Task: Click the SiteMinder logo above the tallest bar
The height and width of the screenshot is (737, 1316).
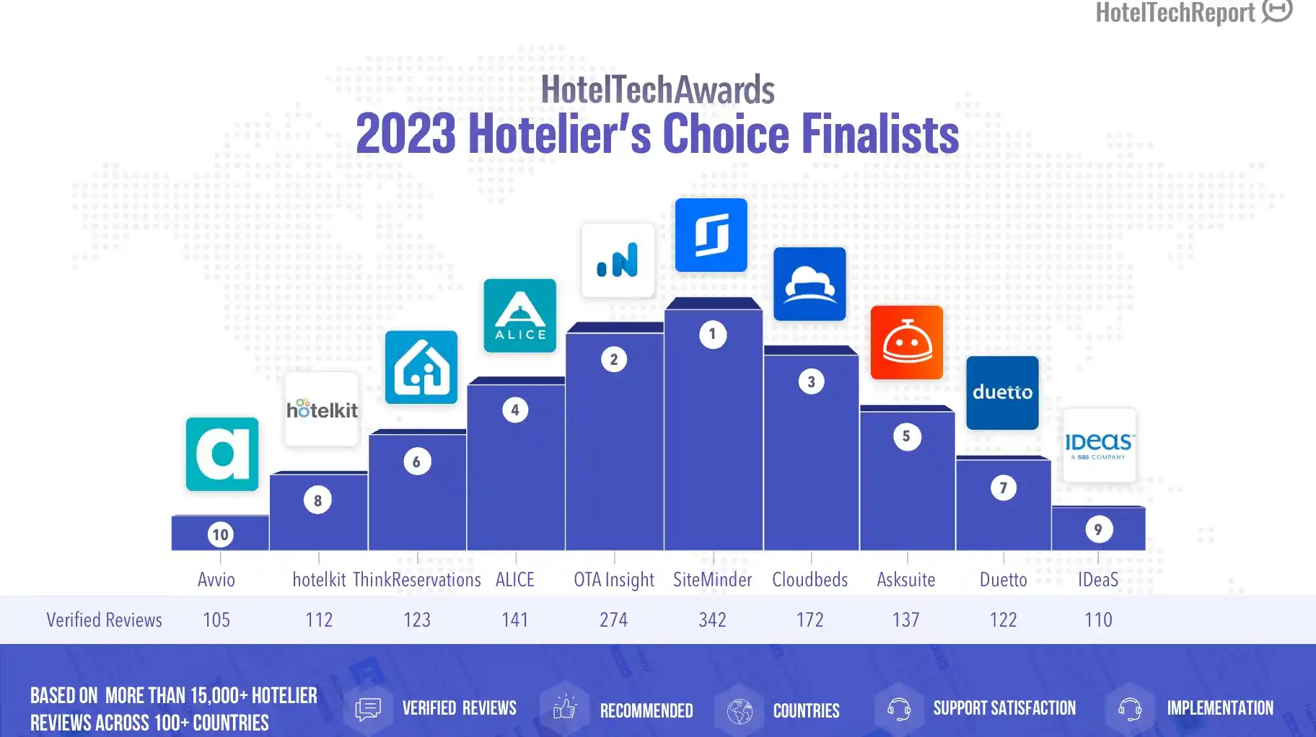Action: coord(711,235)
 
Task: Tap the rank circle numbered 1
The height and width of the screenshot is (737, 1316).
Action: coord(713,334)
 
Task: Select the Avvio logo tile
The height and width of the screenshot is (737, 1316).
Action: coord(222,454)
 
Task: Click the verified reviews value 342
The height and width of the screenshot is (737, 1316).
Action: coord(712,619)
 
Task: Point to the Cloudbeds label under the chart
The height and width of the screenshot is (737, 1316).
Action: coord(810,580)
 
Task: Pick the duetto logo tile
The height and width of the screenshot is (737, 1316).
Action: coord(1002,393)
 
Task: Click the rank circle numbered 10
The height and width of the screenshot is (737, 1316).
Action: coord(220,534)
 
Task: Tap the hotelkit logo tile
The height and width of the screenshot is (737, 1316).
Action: coord(322,409)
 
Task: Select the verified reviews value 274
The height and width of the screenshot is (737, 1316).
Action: coord(614,619)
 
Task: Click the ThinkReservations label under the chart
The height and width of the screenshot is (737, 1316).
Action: coord(417,580)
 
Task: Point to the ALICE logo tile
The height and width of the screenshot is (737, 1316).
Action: coord(519,316)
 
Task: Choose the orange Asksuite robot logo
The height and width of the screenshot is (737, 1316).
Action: coord(907,343)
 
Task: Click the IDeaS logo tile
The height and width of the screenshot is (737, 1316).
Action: coord(1100,445)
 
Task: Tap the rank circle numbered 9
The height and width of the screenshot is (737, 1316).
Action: coord(1099,529)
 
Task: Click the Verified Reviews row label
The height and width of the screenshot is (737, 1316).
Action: coord(105,619)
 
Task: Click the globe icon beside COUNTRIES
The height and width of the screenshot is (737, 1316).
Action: coord(740,710)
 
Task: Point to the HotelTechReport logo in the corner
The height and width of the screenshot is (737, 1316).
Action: coord(1194,12)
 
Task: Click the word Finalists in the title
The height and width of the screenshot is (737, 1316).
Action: coord(880,134)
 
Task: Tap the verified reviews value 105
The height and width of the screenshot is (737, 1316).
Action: coord(216,619)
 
